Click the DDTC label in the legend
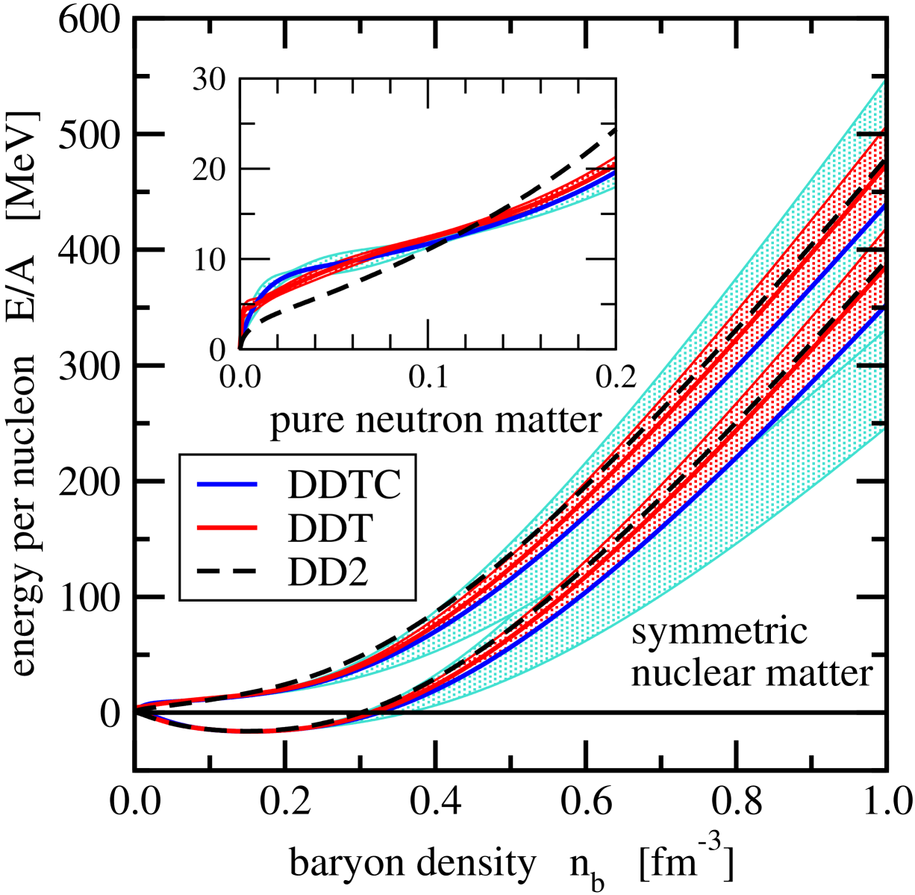[x=344, y=485]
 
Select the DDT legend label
[x=329, y=529]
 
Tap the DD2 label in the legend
[x=328, y=574]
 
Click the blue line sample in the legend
[x=227, y=484]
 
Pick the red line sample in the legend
[x=227, y=528]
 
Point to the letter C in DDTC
[x=387, y=485]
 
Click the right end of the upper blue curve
[x=883, y=208]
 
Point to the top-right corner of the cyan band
[x=883, y=81]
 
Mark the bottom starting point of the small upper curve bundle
[x=238, y=346]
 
